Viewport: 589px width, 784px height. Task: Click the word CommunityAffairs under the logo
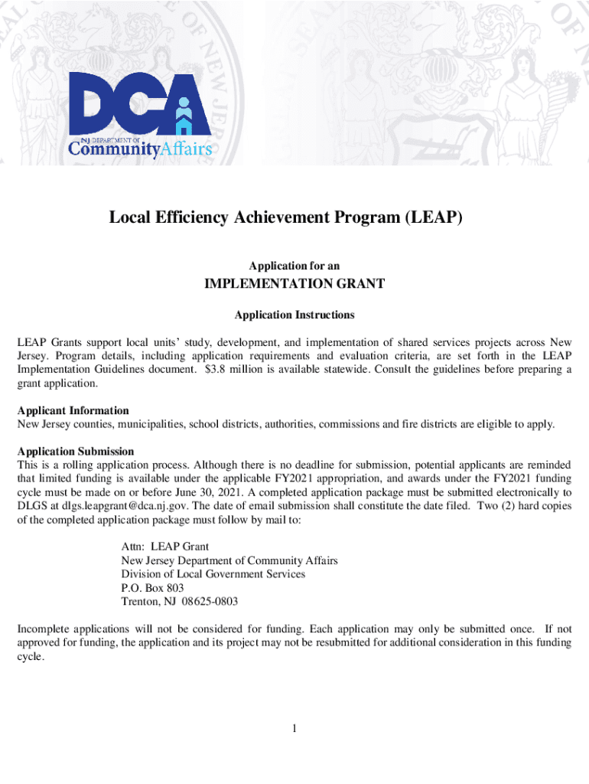click(x=140, y=148)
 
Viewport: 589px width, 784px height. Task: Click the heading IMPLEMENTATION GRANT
click(x=294, y=285)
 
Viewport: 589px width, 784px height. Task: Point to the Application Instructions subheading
click(x=294, y=315)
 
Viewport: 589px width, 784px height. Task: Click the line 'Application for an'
click(x=294, y=266)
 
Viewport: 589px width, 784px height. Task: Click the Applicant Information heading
click(x=73, y=410)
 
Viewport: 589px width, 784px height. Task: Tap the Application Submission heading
click(x=76, y=451)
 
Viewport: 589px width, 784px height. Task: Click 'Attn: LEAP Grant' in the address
click(x=164, y=547)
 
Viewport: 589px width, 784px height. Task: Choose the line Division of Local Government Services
click(x=213, y=574)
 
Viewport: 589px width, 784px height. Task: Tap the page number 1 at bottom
click(x=294, y=728)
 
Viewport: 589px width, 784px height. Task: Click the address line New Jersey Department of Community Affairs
click(x=229, y=560)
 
